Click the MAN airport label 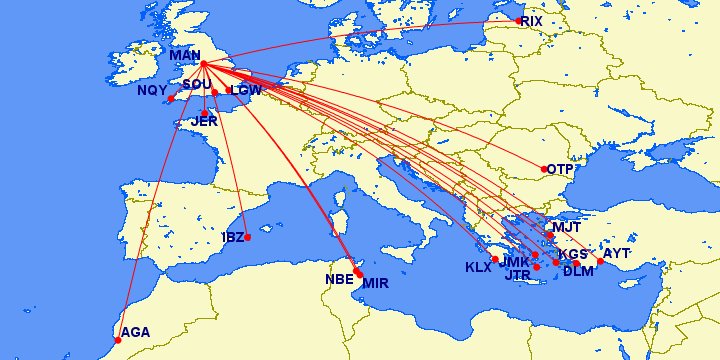pos(186,54)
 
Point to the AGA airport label pos(135,332)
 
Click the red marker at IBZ pos(247,238)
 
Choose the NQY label pos(152,90)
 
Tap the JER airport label pos(204,121)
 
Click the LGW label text pos(246,90)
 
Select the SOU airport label pos(197,85)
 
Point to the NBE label pos(340,279)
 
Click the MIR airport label pos(376,283)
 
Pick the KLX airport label pos(479,267)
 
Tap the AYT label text pos(617,253)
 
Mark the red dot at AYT pos(600,262)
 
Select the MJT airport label pos(566,226)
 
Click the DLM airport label pos(579,271)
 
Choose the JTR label pos(518,275)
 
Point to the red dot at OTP pos(545,169)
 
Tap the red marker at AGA pos(118,341)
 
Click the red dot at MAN pos(203,65)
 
